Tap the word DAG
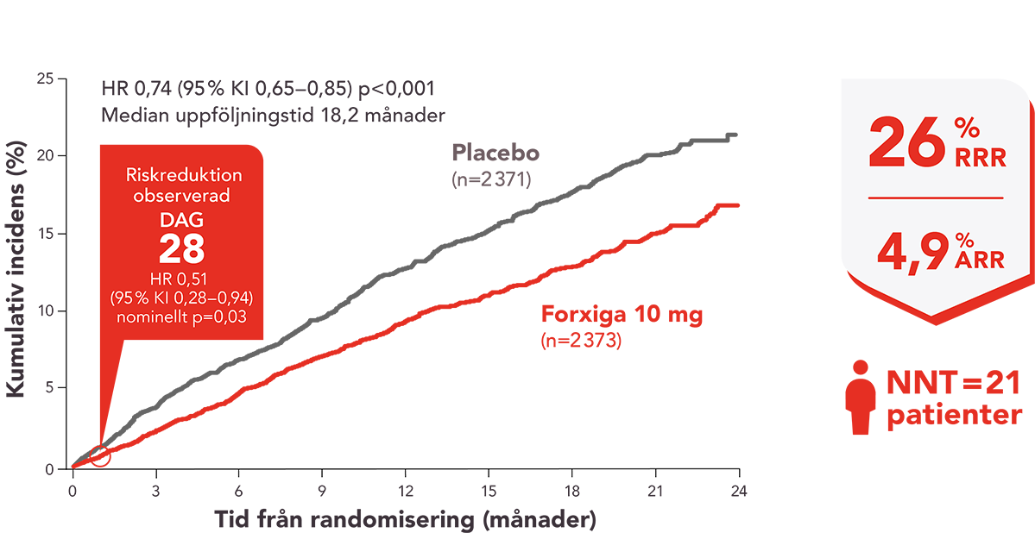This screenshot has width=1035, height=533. point(181,222)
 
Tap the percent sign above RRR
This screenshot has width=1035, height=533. point(965,128)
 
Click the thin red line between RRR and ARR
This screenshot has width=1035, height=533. point(936,198)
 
